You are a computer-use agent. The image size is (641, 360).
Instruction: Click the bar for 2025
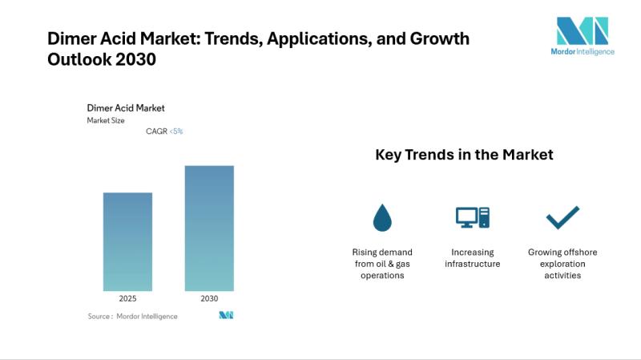pos(127,241)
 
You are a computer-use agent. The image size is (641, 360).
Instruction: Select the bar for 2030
pos(209,229)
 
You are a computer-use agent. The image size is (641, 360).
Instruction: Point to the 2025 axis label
pos(127,298)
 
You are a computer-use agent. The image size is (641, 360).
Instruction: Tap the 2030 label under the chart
pos(209,298)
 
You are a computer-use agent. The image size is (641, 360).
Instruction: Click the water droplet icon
pos(382,216)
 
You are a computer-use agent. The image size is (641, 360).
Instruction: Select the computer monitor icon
pos(472,216)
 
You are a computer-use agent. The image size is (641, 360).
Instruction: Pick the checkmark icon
pos(562,216)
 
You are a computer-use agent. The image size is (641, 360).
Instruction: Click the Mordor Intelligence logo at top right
pos(585,36)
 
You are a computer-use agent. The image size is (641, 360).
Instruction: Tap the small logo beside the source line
pos(226,316)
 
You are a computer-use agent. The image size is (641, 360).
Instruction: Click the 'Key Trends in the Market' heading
pos(464,155)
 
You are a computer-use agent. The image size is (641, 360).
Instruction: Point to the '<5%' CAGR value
pos(176,131)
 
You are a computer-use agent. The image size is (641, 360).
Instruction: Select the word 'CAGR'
pos(156,131)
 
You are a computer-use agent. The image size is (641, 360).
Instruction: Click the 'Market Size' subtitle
pos(106,120)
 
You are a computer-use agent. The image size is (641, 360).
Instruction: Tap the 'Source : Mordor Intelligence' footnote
pos(133,316)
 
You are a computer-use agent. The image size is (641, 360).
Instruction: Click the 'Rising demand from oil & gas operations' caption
pos(382,264)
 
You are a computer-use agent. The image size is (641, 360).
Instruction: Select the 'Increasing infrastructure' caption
pos(472,258)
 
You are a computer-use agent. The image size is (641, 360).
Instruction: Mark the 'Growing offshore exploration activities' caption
pos(562,264)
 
